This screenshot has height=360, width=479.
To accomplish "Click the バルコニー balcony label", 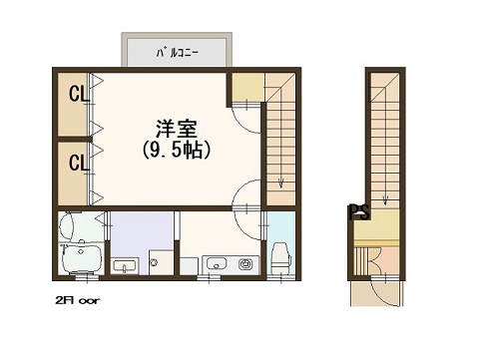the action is [x=178, y=53].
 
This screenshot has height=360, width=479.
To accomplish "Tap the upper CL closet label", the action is [x=79, y=94].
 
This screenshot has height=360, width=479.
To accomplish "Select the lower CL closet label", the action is [x=79, y=163].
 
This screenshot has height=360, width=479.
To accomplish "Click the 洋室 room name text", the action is [x=177, y=129].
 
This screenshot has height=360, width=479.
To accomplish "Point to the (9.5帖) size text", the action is [x=177, y=151].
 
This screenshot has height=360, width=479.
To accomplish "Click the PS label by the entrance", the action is [x=359, y=211].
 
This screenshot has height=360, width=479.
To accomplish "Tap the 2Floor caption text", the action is [x=78, y=300].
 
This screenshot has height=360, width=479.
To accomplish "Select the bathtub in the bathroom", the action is [x=82, y=259].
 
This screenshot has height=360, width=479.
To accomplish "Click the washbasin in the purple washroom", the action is [x=125, y=265].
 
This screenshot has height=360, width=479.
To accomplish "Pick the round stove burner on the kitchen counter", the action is [x=243, y=264].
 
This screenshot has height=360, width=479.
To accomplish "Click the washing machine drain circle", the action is [x=153, y=262].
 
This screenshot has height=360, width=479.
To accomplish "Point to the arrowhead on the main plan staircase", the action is [x=281, y=183].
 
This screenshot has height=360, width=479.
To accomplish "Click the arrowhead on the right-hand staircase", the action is [x=385, y=200].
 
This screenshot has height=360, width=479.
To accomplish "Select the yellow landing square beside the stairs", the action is [x=247, y=87].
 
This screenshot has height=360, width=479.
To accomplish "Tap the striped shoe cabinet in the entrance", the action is [x=361, y=260].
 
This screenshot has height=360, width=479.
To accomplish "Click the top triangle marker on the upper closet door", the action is [x=98, y=81].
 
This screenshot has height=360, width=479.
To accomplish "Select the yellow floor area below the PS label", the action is [x=376, y=227].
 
